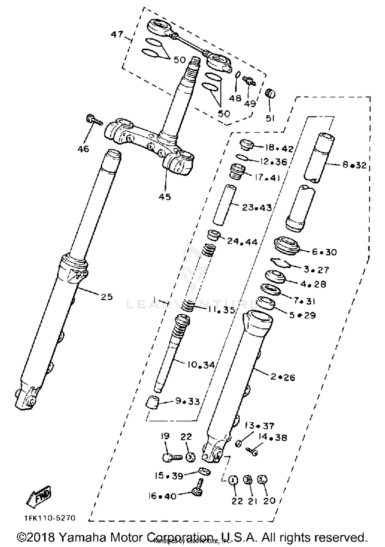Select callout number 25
tap(107, 297)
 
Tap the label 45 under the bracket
tap(165, 197)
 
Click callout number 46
tap(83, 149)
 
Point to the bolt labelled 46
tap(93, 119)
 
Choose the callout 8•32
tap(354, 165)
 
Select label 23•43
tap(257, 208)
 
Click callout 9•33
tap(187, 401)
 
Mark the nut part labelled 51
tap(270, 93)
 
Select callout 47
tap(117, 34)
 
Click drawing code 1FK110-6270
tap(50, 518)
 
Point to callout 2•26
tap(283, 377)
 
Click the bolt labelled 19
tap(171, 457)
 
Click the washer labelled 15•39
tap(204, 472)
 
